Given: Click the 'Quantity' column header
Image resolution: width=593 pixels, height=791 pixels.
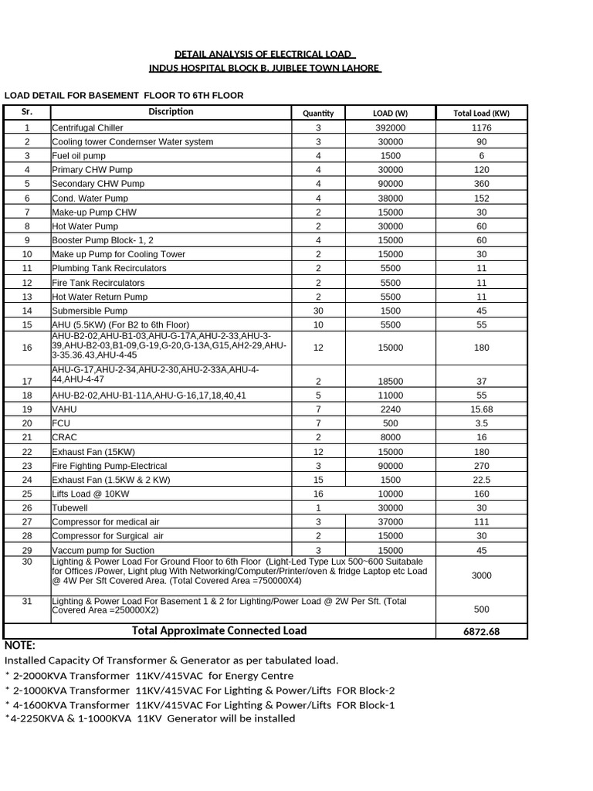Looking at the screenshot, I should tap(318, 113).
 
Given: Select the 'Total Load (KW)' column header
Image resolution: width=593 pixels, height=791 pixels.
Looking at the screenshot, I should tap(481, 113).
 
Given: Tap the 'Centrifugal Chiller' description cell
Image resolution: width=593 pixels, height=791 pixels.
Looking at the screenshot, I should tap(89, 128).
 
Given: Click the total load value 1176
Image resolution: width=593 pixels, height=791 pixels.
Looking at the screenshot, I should tap(481, 128).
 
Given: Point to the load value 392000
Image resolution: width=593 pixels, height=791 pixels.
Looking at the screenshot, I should tap(390, 128).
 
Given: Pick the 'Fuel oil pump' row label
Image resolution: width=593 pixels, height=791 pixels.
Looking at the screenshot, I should tap(79, 156).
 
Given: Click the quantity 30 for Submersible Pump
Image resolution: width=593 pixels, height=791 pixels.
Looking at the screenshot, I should tap(318, 311).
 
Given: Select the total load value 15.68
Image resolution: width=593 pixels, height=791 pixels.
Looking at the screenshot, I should tap(481, 409).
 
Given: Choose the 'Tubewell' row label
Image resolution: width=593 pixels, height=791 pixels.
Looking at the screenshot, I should tap(70, 508).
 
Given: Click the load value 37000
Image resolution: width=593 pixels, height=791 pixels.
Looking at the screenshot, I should tap(390, 522).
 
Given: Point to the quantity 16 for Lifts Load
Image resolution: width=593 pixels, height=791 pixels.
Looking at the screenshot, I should tap(318, 494).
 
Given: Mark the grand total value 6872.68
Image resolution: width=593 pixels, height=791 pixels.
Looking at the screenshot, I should tap(481, 632).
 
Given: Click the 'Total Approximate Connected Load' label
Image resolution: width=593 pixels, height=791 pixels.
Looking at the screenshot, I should tap(219, 631).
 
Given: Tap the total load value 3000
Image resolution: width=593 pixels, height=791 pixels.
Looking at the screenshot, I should tap(481, 575).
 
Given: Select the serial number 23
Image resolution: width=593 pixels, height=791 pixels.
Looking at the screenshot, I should tap(27, 466).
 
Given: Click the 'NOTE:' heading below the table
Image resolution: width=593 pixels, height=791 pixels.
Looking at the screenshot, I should tap(20, 646).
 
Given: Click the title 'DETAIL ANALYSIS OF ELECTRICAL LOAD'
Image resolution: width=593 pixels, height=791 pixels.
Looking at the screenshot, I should tap(264, 54).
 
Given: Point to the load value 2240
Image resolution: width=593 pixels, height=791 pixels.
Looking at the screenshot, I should tap(390, 409).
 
